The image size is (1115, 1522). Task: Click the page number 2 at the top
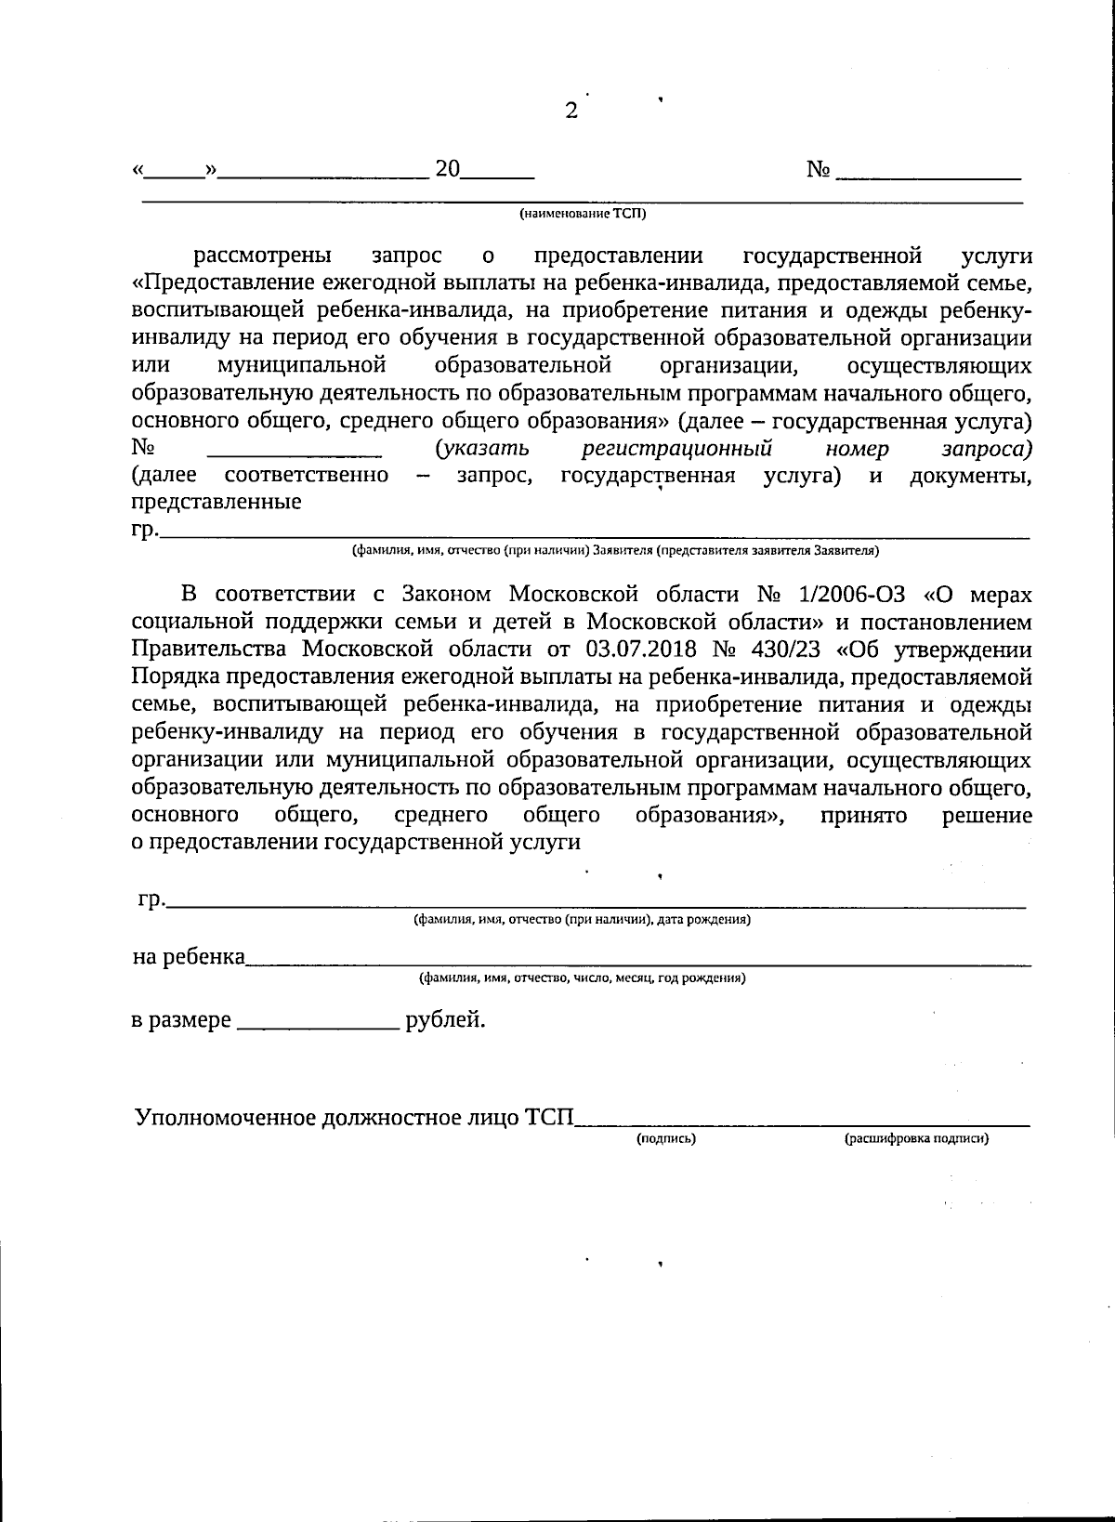tap(571, 112)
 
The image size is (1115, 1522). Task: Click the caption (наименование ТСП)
tap(582, 214)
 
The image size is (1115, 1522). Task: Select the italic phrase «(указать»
tap(482, 449)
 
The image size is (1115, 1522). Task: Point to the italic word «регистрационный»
tap(676, 449)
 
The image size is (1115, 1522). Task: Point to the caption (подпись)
tap(666, 1138)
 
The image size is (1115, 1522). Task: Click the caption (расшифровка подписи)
tap(916, 1138)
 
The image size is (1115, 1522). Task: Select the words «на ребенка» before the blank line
tap(189, 957)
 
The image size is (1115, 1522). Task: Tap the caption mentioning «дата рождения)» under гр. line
tap(582, 920)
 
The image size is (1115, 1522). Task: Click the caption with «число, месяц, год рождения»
tap(582, 978)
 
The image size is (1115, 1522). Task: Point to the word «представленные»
tap(216, 503)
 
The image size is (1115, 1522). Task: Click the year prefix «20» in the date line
tap(448, 169)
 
